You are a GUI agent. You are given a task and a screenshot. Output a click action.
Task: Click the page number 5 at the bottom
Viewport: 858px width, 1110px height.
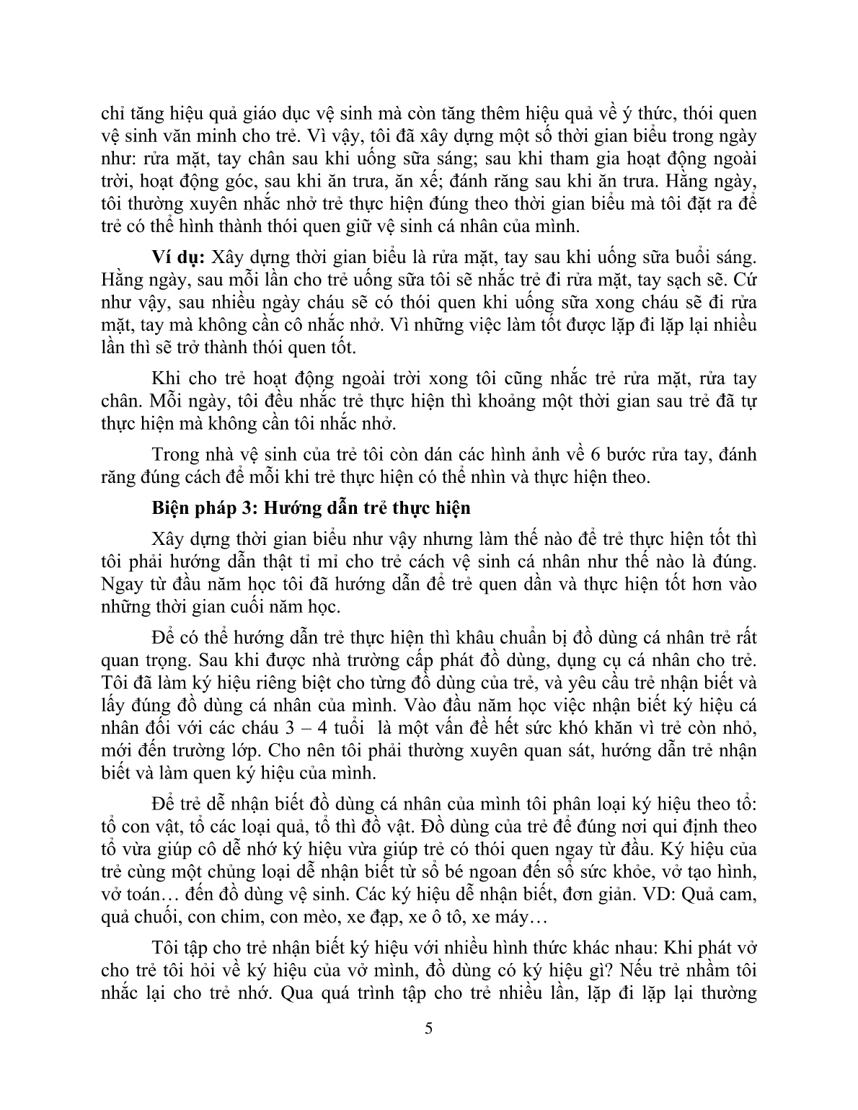(429, 1029)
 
